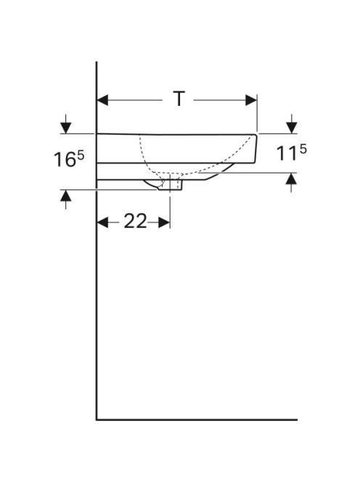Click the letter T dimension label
tap(179, 99)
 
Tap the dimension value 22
tap(135, 221)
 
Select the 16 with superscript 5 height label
tap(69, 159)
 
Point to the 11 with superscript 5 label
tap(292, 152)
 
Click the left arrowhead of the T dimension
tap(102, 100)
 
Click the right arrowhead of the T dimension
tap(251, 100)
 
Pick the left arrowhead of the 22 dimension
tap(102, 222)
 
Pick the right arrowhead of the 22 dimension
tap(164, 222)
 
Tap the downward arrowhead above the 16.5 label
tap(66, 128)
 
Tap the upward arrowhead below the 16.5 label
tap(66, 196)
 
